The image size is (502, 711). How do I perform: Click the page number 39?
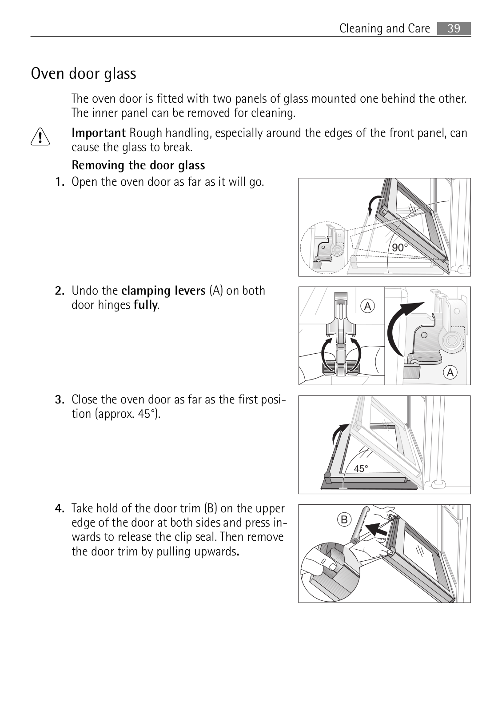(454, 28)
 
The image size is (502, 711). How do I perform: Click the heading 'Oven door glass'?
(84, 74)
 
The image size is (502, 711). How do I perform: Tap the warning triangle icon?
(40, 137)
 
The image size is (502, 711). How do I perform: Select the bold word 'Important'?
(99, 133)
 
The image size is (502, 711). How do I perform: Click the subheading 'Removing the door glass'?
(138, 165)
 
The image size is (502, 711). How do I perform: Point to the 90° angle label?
(400, 247)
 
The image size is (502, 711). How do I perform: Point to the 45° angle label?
(361, 469)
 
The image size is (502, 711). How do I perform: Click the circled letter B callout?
(344, 519)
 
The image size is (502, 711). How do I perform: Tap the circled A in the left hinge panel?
(367, 306)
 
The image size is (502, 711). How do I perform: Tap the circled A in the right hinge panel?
(450, 372)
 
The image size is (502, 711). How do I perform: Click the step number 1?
(60, 182)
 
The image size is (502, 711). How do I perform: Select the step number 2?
(60, 291)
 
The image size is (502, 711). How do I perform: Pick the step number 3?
(60, 399)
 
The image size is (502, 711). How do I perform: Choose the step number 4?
(60, 508)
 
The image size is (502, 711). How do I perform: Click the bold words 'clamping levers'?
(163, 291)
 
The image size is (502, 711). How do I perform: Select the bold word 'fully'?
(146, 305)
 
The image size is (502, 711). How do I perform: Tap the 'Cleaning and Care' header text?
(385, 28)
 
